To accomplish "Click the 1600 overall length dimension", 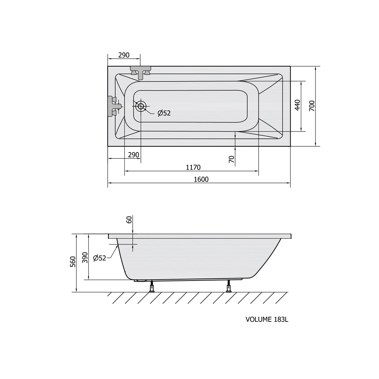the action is tap(201, 179).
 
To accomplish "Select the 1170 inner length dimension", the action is tap(193, 167).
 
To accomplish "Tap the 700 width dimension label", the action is tap(312, 106).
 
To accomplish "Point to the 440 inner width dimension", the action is tap(298, 105).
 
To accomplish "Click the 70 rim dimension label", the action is tap(232, 159).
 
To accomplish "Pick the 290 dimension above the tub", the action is tap(124, 55).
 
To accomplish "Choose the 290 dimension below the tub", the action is tap(133, 155).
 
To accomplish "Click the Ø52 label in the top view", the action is tap(164, 113).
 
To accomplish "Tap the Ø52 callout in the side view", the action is tap(100, 258).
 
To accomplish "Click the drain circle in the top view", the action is tap(141, 106).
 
